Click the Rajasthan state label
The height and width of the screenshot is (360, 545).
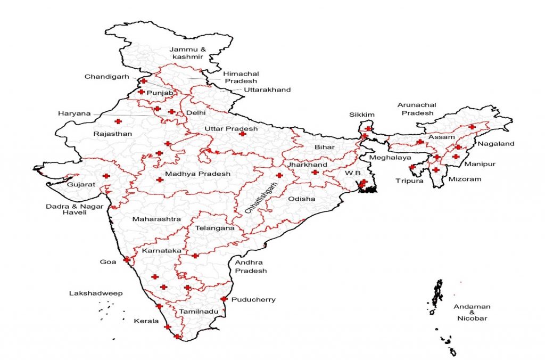click(112, 134)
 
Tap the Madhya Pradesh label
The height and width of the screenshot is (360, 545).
click(197, 174)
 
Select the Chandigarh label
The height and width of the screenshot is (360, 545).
click(106, 77)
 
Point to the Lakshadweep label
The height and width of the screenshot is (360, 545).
click(96, 293)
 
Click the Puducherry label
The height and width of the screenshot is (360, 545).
click(253, 299)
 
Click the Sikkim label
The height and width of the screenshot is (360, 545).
click(362, 114)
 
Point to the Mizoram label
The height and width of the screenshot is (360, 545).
click(464, 179)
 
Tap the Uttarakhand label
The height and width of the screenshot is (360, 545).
click(267, 90)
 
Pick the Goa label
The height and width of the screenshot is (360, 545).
click(108, 262)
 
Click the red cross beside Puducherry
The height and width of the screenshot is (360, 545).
click(224, 299)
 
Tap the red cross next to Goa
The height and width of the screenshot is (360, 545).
click(127, 259)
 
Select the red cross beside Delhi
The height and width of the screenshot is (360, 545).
click(171, 112)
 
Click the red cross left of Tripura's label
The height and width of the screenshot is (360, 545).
click(412, 167)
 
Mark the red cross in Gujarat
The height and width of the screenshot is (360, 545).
click(106, 176)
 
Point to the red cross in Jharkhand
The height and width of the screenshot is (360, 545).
click(315, 172)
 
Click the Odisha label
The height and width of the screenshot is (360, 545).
click(301, 199)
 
